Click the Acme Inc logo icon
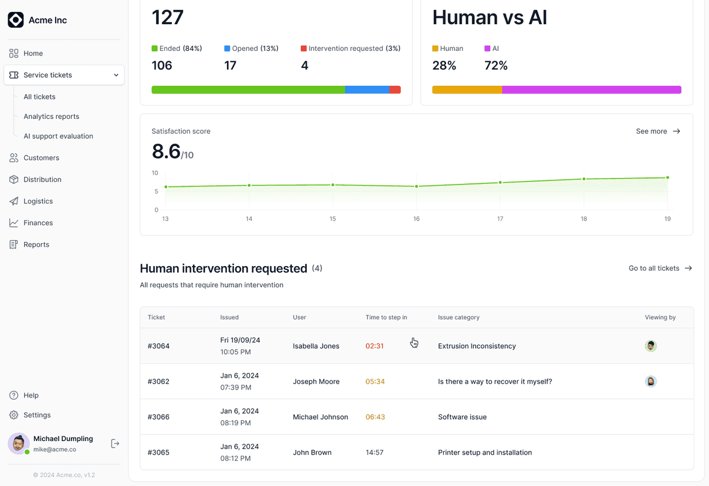pos(15,20)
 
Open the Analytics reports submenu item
pos(51,116)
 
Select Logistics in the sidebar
pos(38,201)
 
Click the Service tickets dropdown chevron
pos(116,75)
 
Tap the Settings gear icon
pos(14,415)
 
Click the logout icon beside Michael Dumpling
pos(115,443)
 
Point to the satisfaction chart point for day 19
pos(668,178)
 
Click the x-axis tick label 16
pos(416,219)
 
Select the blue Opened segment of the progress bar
pos(367,90)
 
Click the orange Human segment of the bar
pos(467,90)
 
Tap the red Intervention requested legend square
pos(304,48)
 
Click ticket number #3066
pos(158,417)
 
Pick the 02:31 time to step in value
pos(375,346)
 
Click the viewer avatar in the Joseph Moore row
pos(651,381)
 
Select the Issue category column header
pos(458,317)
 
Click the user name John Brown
pos(312,452)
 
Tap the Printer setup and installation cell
pos(485,452)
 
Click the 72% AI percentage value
pos(496,66)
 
